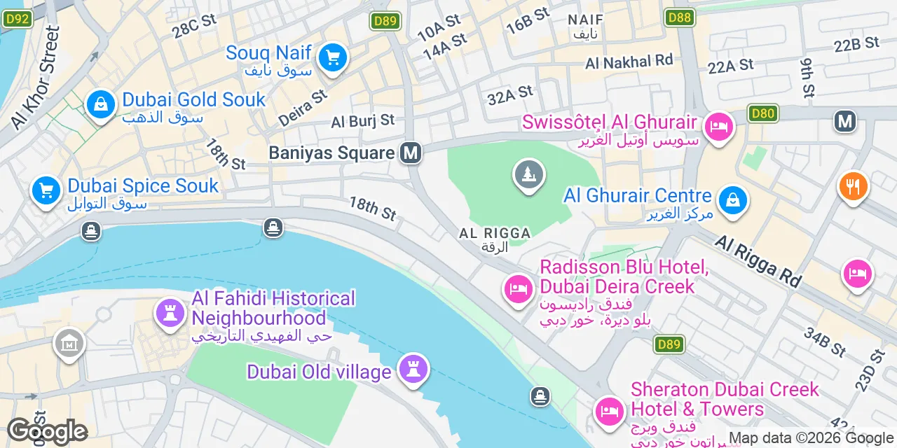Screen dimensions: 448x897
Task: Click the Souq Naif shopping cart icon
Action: point(333,57)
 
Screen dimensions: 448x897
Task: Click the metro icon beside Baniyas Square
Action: point(411,153)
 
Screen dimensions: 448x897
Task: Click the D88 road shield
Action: point(680,17)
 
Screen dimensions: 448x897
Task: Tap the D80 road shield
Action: point(763,113)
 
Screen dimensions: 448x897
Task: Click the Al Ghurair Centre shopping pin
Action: point(732,199)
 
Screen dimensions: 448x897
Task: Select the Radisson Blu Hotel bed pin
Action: point(519,288)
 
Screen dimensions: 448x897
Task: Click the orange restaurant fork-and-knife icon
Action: point(853,186)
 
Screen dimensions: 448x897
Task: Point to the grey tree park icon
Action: point(529,174)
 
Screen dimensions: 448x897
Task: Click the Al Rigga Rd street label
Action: point(758,260)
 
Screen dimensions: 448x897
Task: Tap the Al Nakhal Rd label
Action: point(629,62)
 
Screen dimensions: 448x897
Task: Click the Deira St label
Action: point(303,107)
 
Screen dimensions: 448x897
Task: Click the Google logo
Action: point(46,432)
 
